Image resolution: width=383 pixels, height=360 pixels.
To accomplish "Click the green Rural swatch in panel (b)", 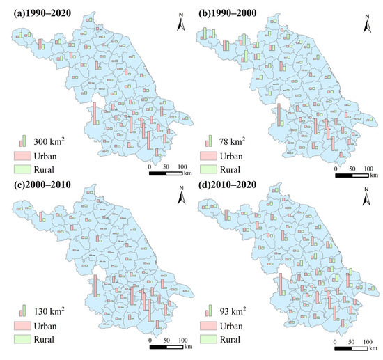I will coord(210,169).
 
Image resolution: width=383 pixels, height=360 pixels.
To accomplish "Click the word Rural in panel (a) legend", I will coord(54,169).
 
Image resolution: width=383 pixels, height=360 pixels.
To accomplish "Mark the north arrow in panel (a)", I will coord(180,24).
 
